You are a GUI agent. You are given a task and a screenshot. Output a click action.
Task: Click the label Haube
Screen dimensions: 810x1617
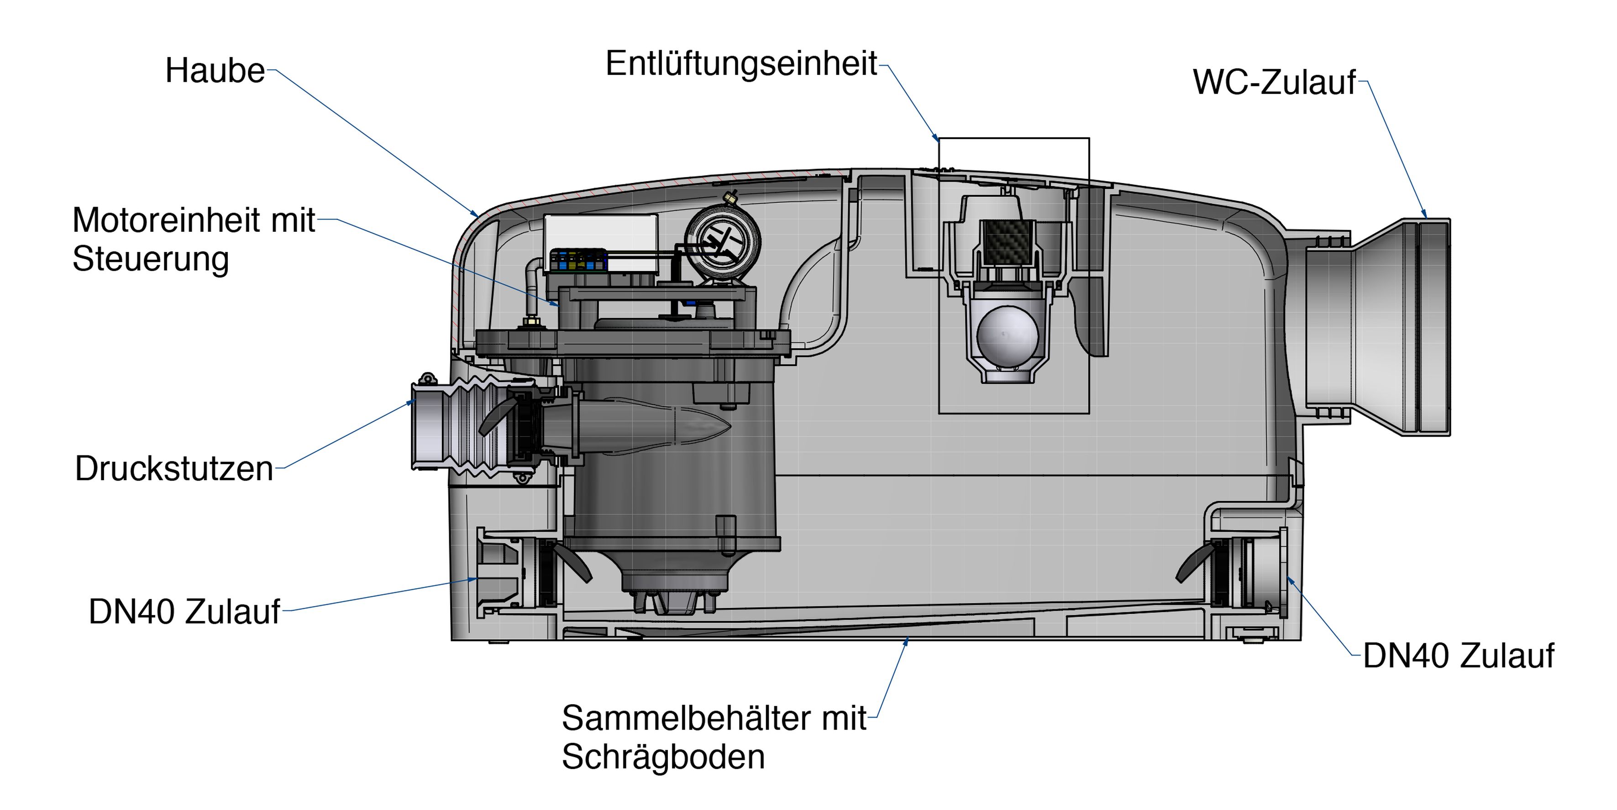(x=215, y=71)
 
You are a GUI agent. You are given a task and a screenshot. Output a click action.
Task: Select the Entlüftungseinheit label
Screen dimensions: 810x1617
(x=740, y=64)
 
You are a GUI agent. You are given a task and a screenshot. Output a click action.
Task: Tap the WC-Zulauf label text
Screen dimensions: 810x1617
(x=1274, y=82)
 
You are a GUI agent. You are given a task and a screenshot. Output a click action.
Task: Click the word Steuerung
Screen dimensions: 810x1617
(x=151, y=259)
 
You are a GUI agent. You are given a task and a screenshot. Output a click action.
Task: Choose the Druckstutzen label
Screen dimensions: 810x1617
(x=174, y=469)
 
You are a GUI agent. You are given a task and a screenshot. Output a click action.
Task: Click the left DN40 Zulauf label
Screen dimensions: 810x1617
(x=184, y=612)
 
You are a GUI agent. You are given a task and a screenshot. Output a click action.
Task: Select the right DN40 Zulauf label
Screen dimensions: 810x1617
(x=1458, y=656)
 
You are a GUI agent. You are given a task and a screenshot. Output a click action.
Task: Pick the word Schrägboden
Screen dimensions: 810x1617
(x=663, y=757)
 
